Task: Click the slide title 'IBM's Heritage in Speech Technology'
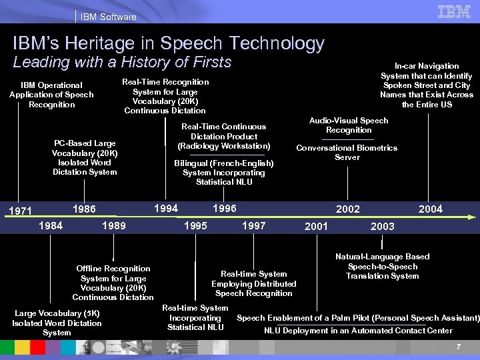tap(168, 44)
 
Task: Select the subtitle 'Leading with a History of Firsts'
tap(122, 63)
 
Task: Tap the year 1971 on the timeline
tap(20, 211)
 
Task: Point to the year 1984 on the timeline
tap(51, 225)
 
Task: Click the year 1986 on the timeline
tap(83, 209)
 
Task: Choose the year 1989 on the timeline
tap(113, 226)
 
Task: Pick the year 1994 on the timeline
tap(166, 209)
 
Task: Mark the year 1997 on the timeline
tap(253, 226)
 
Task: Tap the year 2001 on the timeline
tap(316, 227)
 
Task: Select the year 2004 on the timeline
tap(430, 209)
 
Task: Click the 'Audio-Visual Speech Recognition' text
tap(349, 125)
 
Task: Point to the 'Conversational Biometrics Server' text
tap(347, 153)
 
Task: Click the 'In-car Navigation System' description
tap(427, 85)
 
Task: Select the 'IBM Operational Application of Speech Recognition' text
tap(51, 95)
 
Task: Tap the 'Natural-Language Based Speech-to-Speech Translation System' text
tap(382, 266)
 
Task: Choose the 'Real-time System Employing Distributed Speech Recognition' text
tap(253, 283)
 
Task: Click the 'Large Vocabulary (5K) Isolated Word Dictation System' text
tap(57, 323)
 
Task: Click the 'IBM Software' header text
tap(108, 17)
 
